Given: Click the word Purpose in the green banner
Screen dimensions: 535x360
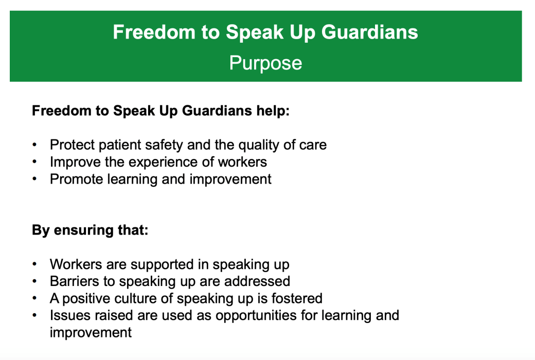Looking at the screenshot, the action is pyautogui.click(x=265, y=63).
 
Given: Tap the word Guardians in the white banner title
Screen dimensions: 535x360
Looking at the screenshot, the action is pyautogui.click(x=369, y=32).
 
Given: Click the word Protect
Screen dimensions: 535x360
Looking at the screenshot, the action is pyautogui.click(x=73, y=145).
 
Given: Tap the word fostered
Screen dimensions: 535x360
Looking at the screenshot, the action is pyautogui.click(x=296, y=298).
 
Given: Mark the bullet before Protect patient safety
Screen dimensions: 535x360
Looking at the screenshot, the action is pyautogui.click(x=34, y=145).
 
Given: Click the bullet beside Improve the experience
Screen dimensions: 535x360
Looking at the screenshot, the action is pyautogui.click(x=34, y=162).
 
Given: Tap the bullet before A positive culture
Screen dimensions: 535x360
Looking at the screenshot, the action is pyautogui.click(x=34, y=298).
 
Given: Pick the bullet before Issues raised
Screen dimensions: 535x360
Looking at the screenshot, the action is pyautogui.click(x=34, y=315).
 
